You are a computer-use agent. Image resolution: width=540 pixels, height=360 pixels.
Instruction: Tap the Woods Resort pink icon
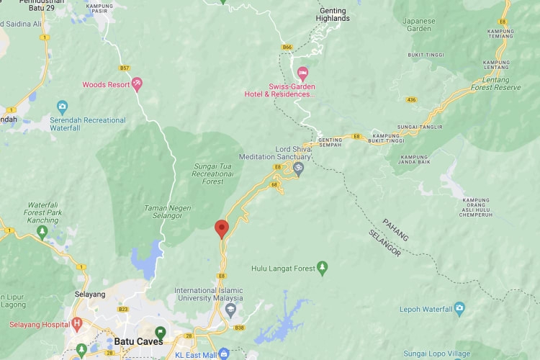(x=137, y=85)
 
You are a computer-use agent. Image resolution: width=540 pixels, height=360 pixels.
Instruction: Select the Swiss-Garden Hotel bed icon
(x=302, y=73)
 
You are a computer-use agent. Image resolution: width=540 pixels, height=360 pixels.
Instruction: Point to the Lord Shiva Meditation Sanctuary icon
(x=298, y=168)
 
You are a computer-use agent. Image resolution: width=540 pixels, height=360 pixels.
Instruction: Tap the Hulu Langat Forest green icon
(x=322, y=269)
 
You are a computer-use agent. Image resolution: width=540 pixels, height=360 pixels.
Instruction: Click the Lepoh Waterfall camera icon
(x=459, y=310)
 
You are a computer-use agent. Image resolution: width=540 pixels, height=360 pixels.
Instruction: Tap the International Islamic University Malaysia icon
(x=230, y=310)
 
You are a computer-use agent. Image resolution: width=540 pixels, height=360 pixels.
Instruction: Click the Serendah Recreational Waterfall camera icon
(x=63, y=107)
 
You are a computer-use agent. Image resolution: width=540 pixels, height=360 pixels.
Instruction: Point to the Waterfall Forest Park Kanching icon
(x=42, y=233)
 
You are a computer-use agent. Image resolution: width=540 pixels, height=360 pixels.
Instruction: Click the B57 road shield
(x=125, y=68)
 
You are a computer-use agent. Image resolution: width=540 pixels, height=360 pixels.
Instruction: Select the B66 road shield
(x=287, y=48)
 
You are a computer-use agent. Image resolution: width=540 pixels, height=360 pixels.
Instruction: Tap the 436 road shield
(x=411, y=99)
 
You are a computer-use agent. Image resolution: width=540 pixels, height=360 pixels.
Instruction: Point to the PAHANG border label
(x=395, y=229)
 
